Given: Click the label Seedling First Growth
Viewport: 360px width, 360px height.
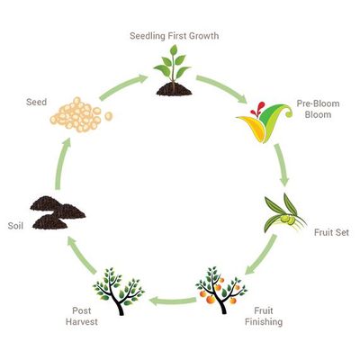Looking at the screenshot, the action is coord(174,36).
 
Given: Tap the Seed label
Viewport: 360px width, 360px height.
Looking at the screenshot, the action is coord(36,102).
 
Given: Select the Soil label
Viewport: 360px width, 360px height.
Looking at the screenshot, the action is coord(15,226).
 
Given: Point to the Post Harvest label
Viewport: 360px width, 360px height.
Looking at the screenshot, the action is coord(82,316).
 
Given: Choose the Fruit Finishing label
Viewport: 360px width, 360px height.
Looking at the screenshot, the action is coord(264,316).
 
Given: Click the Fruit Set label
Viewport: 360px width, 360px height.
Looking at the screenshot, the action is coord(331,232).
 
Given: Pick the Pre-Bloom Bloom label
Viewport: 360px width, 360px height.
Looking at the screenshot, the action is coord(318,109).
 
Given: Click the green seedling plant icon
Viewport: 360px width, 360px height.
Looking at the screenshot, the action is coord(174,71).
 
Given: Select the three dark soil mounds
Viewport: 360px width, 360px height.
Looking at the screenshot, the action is coord(58,212).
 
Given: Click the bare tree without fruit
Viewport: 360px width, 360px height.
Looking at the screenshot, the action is coord(119,291).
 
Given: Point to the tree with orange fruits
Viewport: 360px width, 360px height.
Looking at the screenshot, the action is coord(221,290).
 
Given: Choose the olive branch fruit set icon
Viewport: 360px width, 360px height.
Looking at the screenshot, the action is coord(284,213).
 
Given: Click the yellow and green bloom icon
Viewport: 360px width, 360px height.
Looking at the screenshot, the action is coord(264,122).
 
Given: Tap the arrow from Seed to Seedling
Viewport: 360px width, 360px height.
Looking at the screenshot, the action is coord(123,87).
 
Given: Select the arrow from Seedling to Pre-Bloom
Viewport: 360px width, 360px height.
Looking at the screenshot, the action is coord(222,88).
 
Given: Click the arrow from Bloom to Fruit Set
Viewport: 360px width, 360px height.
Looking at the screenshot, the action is coord(282,165).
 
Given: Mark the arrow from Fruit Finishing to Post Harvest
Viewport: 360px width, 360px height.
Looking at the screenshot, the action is coord(173,301).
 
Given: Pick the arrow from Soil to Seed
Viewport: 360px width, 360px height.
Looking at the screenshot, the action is coord(62,164).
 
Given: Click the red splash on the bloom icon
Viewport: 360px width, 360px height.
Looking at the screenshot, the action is coord(257,110).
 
